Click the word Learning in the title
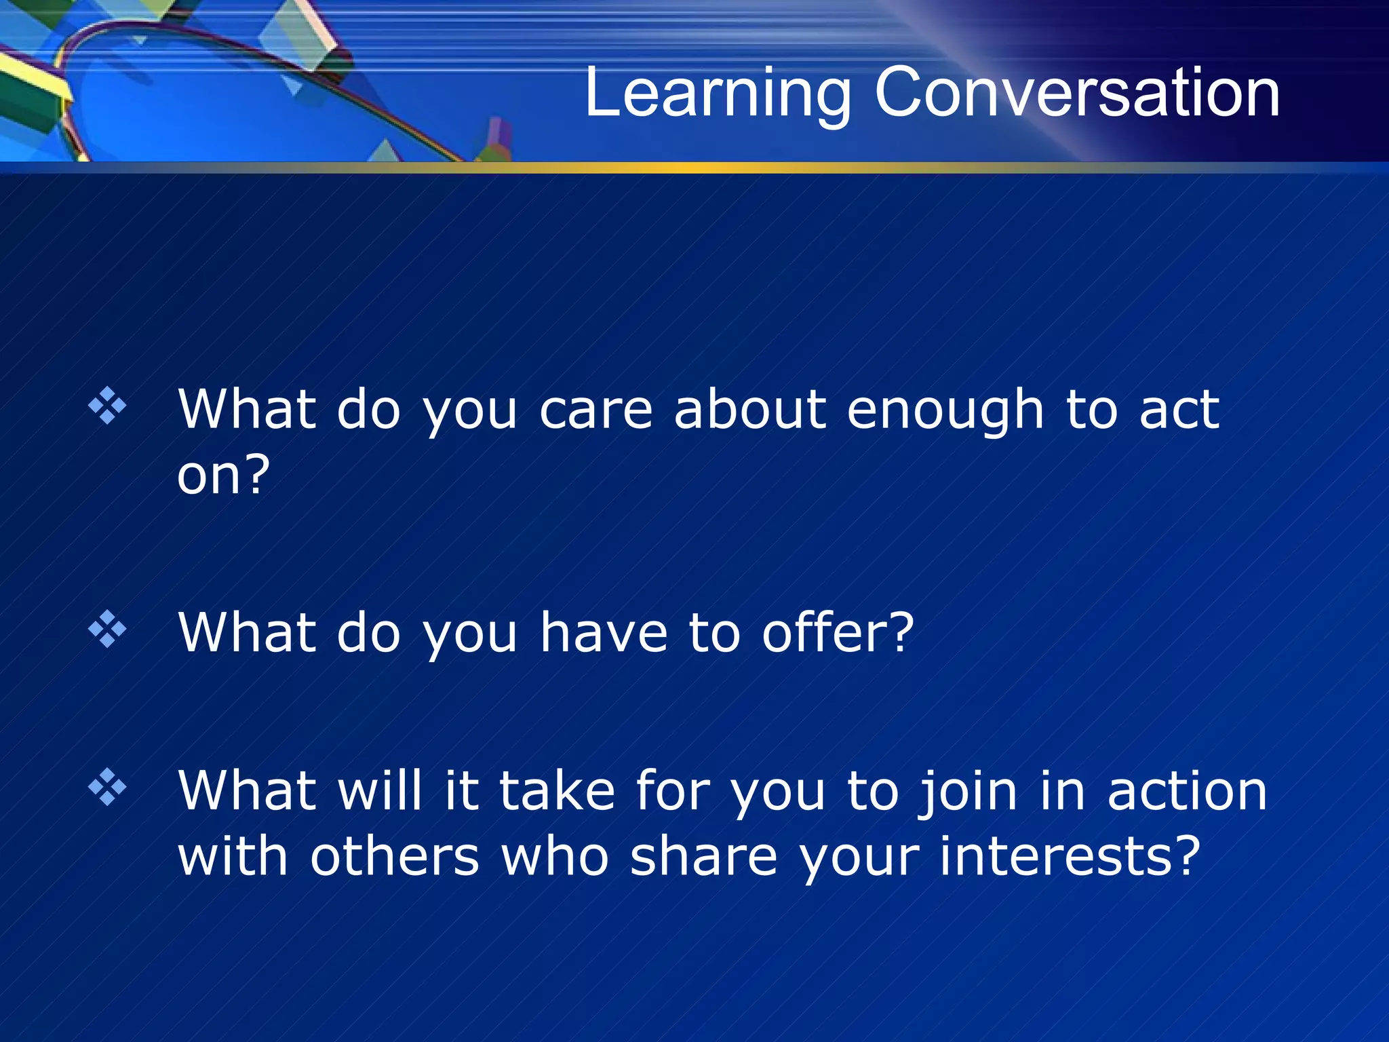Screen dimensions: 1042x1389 717,94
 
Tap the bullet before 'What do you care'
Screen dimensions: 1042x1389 107,406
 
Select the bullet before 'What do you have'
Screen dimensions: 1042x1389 107,629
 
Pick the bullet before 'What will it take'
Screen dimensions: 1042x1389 107,787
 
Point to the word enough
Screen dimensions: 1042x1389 945,411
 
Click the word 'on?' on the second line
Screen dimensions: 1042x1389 223,474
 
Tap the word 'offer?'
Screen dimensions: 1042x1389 838,632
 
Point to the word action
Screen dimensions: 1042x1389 1186,792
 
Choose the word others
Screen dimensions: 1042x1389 395,856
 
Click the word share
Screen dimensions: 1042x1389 703,856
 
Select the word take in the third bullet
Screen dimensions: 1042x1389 557,792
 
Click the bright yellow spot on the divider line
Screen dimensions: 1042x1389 692,167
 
